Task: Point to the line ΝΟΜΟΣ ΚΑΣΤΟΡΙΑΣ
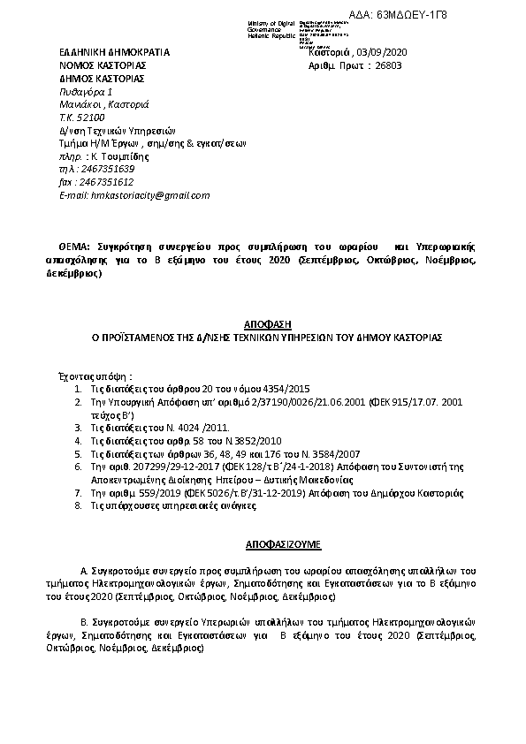pos(103,65)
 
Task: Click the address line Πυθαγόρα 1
pos(86,91)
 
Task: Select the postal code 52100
pos(92,117)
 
